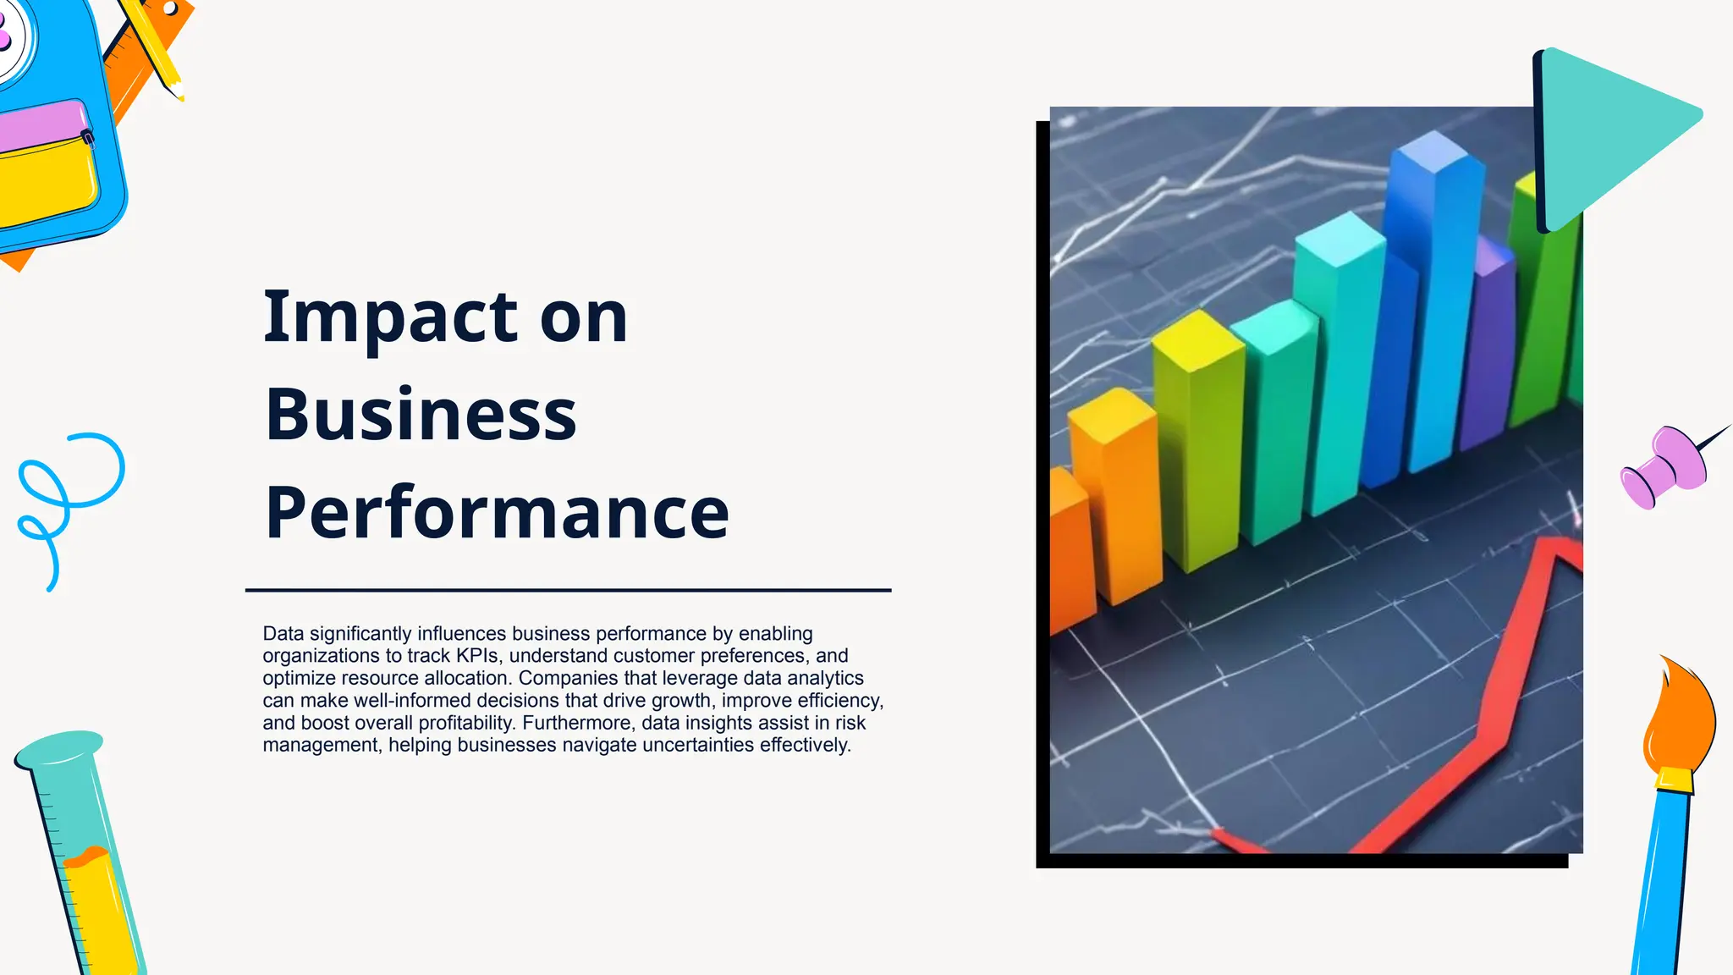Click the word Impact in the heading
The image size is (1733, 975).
pos(389,317)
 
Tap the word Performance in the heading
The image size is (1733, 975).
pos(497,513)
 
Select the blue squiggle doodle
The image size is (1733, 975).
pos(68,499)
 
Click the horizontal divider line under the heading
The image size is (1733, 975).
pos(568,590)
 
